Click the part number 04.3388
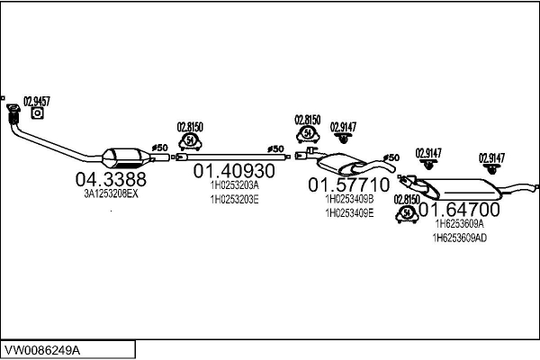(111, 179)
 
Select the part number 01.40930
(234, 170)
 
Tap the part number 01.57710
(349, 184)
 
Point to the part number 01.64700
(459, 209)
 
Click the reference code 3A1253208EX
(112, 194)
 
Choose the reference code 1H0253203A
(235, 185)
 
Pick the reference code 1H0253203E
(235, 200)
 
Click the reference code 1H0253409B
(349, 199)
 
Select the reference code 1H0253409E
(349, 213)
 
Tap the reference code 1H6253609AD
(460, 238)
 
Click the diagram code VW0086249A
(42, 350)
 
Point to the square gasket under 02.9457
(37, 113)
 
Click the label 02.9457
(37, 102)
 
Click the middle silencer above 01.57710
(341, 164)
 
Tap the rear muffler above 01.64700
(458, 189)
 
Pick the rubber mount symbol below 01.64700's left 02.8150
(407, 213)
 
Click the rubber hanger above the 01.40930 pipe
(190, 141)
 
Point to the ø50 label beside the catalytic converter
(160, 148)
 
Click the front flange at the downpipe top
(13, 108)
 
